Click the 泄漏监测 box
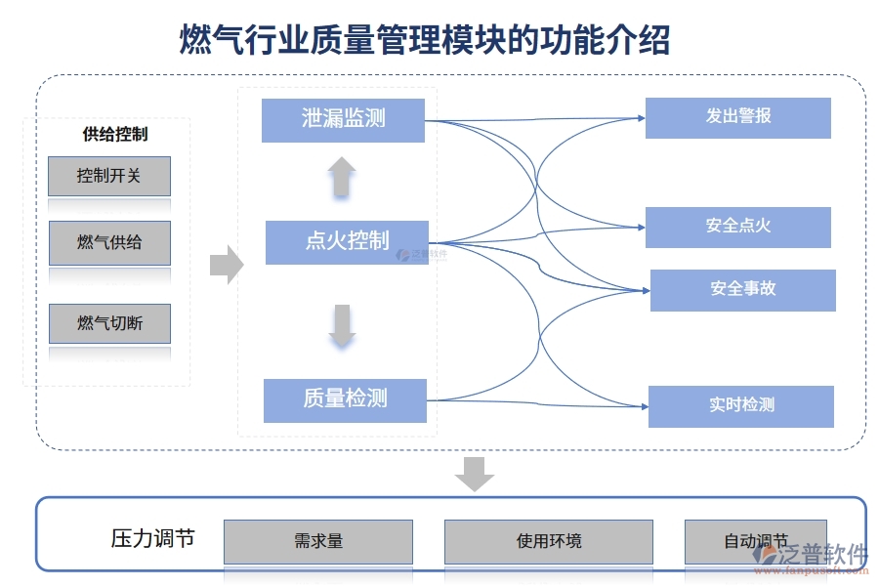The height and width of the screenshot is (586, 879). (x=343, y=119)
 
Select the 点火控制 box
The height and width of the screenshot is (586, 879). (x=347, y=241)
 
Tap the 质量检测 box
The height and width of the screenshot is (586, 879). (x=345, y=399)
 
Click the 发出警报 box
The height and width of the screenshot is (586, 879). (x=737, y=117)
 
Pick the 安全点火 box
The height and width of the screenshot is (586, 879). (x=737, y=227)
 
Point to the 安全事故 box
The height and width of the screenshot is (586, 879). (x=742, y=290)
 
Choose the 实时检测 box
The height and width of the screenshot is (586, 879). (x=740, y=406)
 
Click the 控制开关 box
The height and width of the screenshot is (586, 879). (x=109, y=176)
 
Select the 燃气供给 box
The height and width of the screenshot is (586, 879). (x=109, y=242)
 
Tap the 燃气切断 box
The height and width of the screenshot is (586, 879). (x=109, y=323)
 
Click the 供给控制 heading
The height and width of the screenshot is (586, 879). (x=115, y=135)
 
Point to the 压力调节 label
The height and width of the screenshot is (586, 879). (x=152, y=538)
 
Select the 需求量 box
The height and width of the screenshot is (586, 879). (x=318, y=541)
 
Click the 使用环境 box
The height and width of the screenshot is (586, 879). (x=548, y=541)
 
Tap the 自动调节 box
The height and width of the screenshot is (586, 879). (x=755, y=541)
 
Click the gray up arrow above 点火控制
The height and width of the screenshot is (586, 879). (x=341, y=179)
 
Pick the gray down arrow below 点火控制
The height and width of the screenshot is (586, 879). (x=341, y=326)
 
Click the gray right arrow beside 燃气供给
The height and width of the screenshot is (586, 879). (x=227, y=263)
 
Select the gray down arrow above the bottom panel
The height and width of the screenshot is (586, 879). (x=475, y=474)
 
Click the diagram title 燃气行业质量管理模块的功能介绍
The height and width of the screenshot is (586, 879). (x=425, y=41)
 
